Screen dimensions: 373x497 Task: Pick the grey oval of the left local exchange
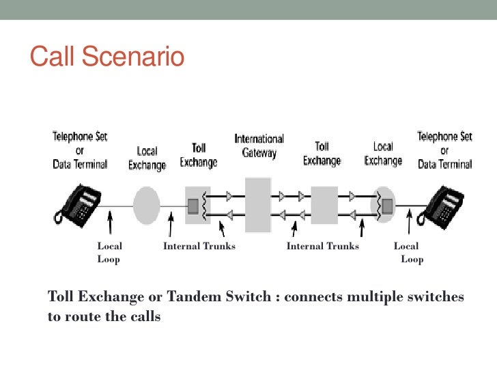[x=146, y=204]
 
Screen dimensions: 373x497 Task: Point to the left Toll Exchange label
[x=199, y=155]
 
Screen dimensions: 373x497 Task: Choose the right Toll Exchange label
[x=322, y=154]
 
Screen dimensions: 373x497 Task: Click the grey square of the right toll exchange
[x=324, y=204]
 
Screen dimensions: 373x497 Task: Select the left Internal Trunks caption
[x=199, y=247]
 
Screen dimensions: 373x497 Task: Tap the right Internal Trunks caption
[x=322, y=247]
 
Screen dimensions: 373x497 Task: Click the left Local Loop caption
[x=109, y=253]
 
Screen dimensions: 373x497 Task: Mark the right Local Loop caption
[x=409, y=253]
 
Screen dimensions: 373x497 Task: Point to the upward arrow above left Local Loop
[x=110, y=225]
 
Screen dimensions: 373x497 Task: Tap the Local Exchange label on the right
[x=383, y=154]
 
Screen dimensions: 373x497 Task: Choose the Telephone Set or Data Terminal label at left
[x=81, y=150]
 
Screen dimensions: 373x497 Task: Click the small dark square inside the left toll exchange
[x=193, y=204]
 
